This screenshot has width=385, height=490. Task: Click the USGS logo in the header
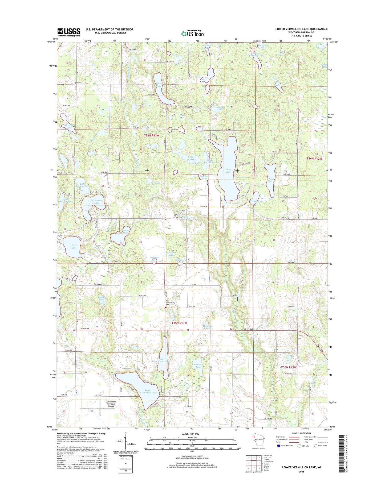pyautogui.click(x=68, y=32)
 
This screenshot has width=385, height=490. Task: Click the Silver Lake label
pyautogui.click(x=228, y=171)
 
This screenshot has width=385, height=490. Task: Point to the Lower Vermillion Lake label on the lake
pyautogui.click(x=148, y=392)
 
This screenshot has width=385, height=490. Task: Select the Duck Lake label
pyautogui.click(x=74, y=247)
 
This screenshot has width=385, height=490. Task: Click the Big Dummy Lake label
pyautogui.click(x=95, y=201)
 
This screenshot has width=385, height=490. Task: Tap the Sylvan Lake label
pyautogui.click(x=159, y=85)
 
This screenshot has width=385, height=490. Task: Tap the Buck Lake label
pyautogui.click(x=125, y=231)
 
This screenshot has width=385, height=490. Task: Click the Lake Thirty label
pyautogui.click(x=271, y=180)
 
